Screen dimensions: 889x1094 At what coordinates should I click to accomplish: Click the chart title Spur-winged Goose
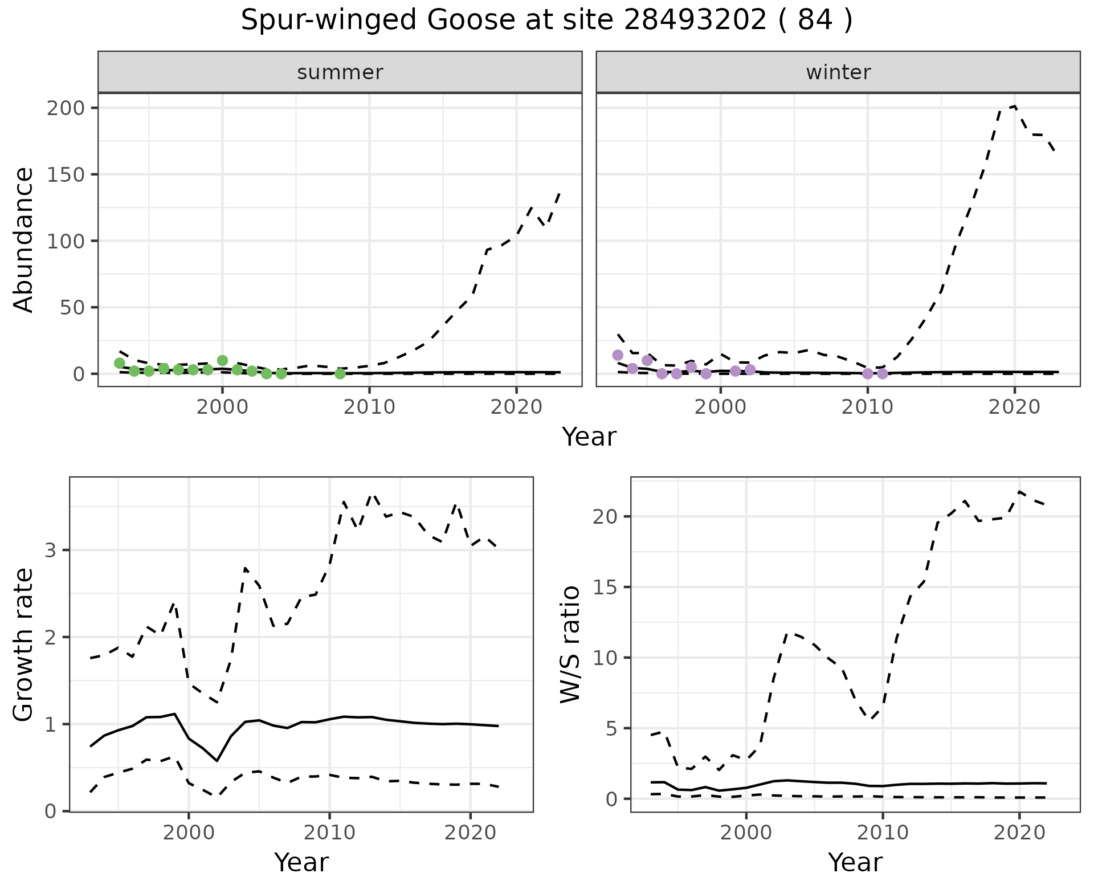point(546,21)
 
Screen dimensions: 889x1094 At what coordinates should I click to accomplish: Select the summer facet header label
point(340,72)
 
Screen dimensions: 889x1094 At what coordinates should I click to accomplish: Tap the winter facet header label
point(838,72)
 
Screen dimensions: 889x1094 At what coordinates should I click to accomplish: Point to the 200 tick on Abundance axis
point(66,108)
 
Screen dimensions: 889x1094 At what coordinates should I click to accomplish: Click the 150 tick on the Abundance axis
point(66,174)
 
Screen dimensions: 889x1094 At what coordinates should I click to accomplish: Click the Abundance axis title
point(24,240)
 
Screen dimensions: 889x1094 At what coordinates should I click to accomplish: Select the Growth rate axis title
point(24,645)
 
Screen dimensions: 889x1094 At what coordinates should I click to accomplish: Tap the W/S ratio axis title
point(570,645)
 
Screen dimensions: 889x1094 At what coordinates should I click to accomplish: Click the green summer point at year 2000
point(223,360)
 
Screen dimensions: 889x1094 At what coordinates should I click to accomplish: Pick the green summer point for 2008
point(340,374)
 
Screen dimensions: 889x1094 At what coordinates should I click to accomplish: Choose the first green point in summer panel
point(120,363)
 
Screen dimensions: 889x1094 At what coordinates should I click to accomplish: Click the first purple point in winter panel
point(618,355)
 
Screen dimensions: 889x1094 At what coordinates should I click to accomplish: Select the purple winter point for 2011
point(882,374)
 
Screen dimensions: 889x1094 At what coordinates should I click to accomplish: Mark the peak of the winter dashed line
point(1014,107)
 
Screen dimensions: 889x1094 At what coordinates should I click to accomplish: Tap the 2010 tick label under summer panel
point(369,407)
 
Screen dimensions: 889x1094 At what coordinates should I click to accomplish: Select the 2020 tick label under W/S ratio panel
point(1019,833)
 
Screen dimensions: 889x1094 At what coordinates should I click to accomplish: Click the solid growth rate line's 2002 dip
point(217,760)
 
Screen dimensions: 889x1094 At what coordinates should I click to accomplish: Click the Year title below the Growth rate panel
point(301,862)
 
